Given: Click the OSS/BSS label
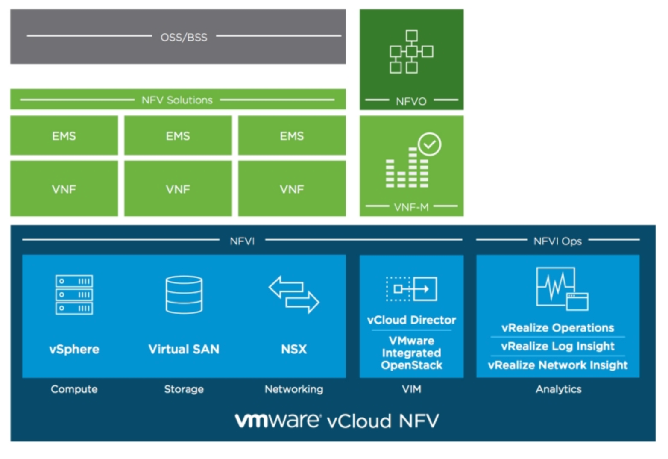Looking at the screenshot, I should click(x=184, y=37).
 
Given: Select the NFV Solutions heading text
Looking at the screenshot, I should click(x=177, y=100).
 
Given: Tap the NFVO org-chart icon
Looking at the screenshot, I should click(x=411, y=52).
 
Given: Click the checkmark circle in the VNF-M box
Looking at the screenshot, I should click(x=429, y=144).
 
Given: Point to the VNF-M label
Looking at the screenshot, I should click(x=411, y=207).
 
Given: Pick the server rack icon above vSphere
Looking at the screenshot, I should click(x=74, y=294).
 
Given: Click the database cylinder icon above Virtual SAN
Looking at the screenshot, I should click(x=184, y=294).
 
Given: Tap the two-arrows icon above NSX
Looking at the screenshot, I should click(x=294, y=294).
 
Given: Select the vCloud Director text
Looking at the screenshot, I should click(x=411, y=320).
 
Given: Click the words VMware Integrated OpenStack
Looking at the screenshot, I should click(x=411, y=353).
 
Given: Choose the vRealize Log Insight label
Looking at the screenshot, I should click(x=557, y=346).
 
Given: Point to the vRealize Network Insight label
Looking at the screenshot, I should click(x=557, y=365).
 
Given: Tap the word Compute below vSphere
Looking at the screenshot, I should click(x=74, y=389).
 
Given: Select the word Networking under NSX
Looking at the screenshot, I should click(x=294, y=389).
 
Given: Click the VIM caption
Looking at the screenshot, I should click(x=411, y=389).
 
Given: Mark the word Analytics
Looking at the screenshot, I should click(x=558, y=389).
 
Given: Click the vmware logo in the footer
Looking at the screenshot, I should click(x=278, y=420).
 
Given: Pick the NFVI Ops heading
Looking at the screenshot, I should click(x=557, y=241).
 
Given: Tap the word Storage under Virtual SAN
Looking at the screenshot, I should click(x=184, y=389).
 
